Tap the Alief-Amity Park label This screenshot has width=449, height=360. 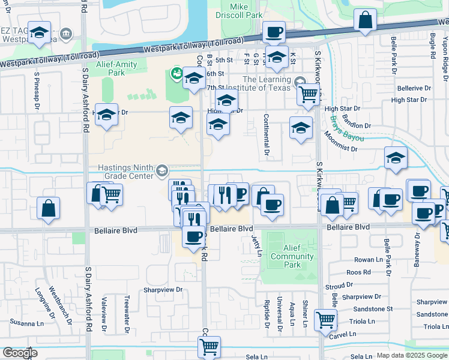[116, 68]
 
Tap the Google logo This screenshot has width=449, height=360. [20, 353]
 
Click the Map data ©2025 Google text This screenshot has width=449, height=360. [411, 355]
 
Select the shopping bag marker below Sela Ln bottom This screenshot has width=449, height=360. [209, 346]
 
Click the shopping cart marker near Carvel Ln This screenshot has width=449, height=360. [325, 319]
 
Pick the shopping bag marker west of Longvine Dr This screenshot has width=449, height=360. [49, 208]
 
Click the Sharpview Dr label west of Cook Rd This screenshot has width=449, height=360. [163, 289]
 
